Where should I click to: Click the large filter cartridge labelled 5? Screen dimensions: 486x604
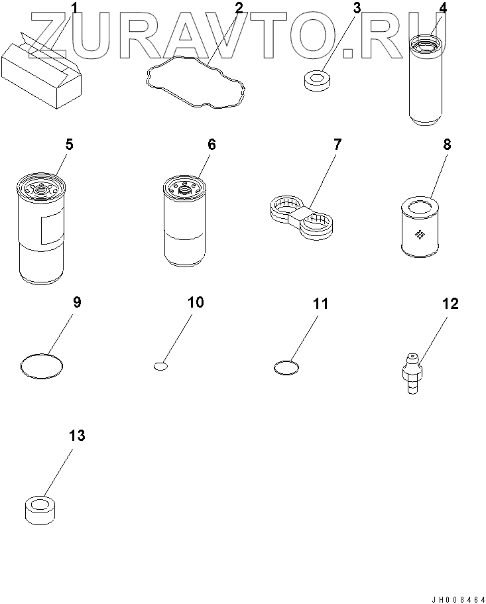pos(41,229)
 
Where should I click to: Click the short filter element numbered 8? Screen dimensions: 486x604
pos(420,227)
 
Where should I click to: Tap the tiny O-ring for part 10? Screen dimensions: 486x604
pos(160,366)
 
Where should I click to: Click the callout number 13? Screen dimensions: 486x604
pos(77,436)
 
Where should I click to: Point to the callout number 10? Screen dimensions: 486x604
pos(196,302)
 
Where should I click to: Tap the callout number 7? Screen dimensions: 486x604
pos(337,145)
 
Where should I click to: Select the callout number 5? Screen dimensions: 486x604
pos(69,145)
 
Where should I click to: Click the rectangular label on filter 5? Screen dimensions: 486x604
pos(51,230)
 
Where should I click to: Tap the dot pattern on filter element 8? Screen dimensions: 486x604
pos(420,233)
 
